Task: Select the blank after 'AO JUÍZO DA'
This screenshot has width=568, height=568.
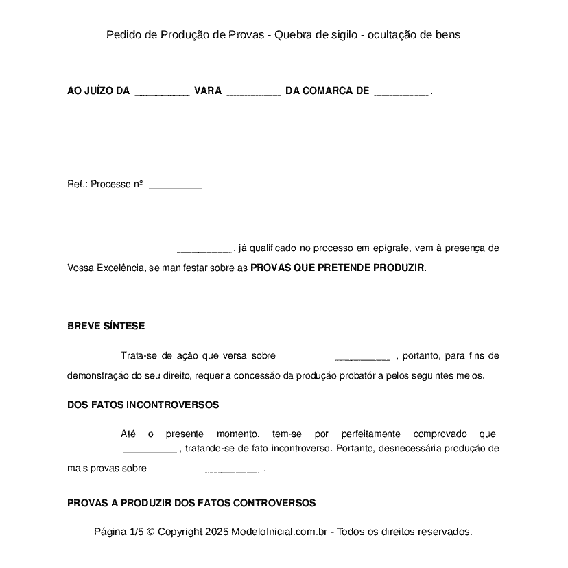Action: pyautogui.click(x=162, y=91)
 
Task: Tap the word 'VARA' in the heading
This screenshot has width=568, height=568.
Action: pyautogui.click(x=208, y=91)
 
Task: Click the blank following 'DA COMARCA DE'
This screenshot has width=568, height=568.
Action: pyautogui.click(x=401, y=91)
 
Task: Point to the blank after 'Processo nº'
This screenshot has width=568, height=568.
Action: pyautogui.click(x=175, y=185)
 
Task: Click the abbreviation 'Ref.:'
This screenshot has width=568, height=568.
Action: pyautogui.click(x=78, y=185)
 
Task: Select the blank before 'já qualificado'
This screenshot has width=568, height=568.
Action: pyautogui.click(x=204, y=248)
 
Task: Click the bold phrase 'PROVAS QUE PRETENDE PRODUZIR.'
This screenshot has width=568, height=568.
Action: pyautogui.click(x=338, y=268)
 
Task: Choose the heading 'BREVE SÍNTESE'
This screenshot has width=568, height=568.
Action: pyautogui.click(x=106, y=326)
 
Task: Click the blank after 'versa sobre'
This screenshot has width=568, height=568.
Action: pyautogui.click(x=362, y=356)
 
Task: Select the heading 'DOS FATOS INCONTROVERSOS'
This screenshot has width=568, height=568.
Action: pyautogui.click(x=143, y=405)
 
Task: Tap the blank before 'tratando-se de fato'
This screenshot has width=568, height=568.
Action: pyautogui.click(x=150, y=449)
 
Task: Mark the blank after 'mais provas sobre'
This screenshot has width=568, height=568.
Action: pyautogui.click(x=232, y=469)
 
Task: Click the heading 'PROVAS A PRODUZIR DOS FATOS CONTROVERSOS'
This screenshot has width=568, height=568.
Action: pyautogui.click(x=191, y=503)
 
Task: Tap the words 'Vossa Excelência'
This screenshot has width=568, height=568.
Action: pyautogui.click(x=106, y=268)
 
